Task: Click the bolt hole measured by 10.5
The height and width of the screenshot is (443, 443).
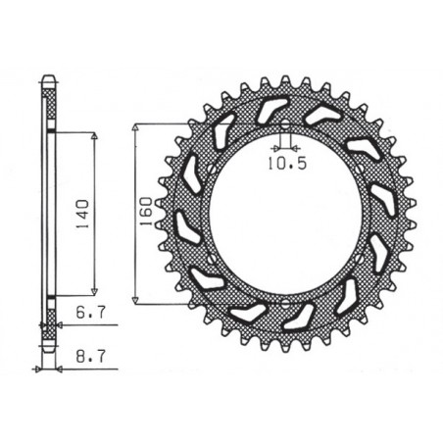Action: [283, 127]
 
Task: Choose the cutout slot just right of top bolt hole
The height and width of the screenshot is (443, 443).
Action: [320, 116]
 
